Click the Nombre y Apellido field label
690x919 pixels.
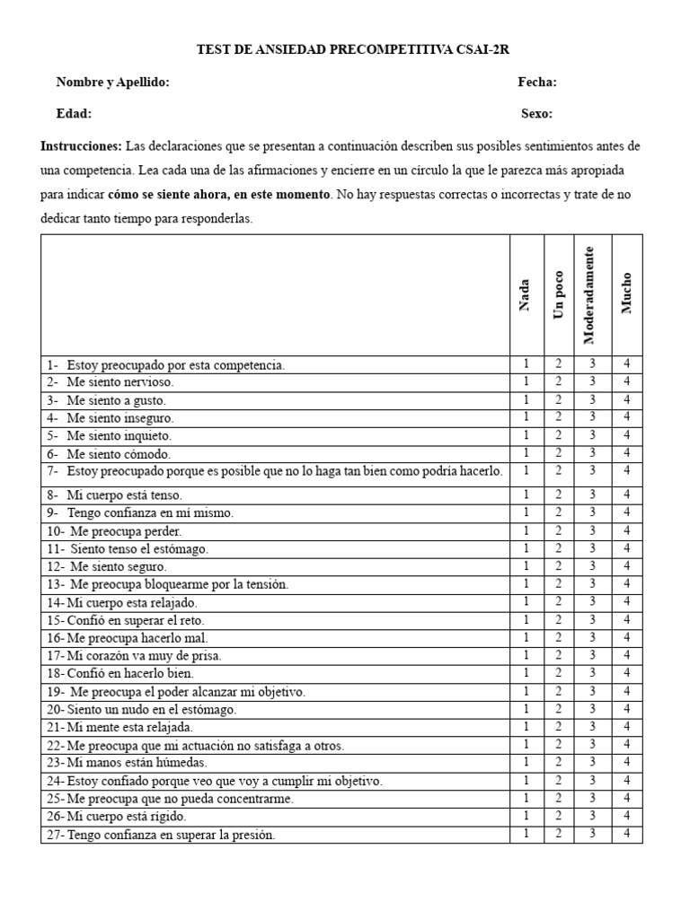tap(112, 83)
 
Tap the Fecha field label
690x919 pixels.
tap(537, 83)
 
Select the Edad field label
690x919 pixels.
tap(74, 114)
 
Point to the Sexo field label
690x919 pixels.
tap(536, 114)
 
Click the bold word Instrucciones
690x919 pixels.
tap(81, 146)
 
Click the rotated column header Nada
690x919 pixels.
tap(525, 295)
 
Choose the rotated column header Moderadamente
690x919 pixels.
tap(589, 295)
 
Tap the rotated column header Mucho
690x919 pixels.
tap(626, 293)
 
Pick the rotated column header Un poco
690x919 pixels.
tap(559, 295)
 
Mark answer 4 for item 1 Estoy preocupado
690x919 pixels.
tap(627, 364)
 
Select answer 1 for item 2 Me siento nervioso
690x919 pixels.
tap(526, 382)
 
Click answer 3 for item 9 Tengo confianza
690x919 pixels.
tap(592, 512)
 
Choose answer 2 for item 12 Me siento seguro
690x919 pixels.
tap(558, 566)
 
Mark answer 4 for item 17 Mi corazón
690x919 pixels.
tap(627, 655)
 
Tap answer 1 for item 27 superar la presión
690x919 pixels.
tap(526, 834)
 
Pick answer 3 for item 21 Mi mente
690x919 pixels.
tap(592, 727)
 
